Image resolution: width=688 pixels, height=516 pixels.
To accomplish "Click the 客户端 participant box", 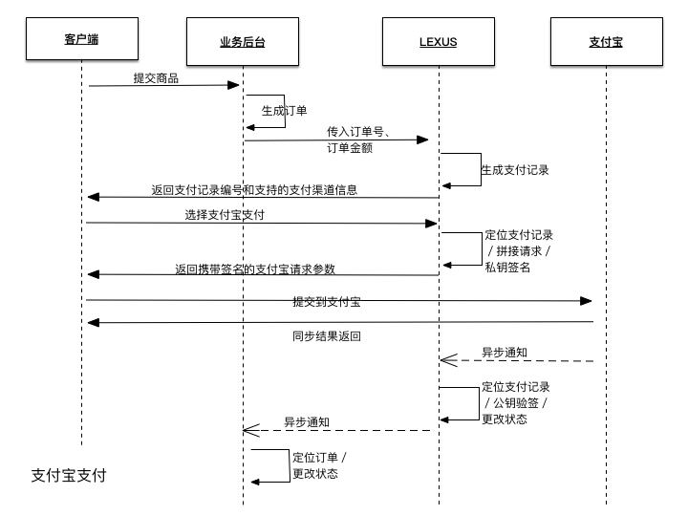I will tap(81, 40).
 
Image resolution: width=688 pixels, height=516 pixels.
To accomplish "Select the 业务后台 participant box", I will tap(242, 42).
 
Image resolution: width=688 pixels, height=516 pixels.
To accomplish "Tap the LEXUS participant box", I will tap(439, 42).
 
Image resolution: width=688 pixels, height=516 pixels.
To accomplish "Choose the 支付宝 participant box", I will tap(606, 42).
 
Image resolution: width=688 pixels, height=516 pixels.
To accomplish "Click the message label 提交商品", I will tap(156, 76).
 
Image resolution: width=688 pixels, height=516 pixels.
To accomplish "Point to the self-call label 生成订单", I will tap(285, 111).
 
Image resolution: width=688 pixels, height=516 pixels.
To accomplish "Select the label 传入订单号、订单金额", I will tap(355, 140).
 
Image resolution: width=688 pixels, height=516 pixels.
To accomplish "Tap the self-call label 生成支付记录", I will tap(515, 170).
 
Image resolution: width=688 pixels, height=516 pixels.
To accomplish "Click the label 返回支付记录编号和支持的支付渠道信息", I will tap(254, 189).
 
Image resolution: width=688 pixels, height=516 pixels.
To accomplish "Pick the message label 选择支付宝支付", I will tap(225, 215).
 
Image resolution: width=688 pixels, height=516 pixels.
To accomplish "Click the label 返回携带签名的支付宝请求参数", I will tap(262, 269).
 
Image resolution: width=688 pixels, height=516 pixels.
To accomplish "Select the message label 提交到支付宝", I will tap(326, 302).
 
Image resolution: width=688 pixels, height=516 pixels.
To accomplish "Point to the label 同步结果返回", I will tap(326, 336).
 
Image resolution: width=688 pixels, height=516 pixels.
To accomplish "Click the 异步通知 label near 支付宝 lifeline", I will tap(504, 353).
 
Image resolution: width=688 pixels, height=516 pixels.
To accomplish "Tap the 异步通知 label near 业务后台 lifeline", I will tap(307, 421).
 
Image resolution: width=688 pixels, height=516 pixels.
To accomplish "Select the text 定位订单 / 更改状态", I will tap(319, 465).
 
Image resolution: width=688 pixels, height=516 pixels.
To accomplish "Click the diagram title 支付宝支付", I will tap(69, 475).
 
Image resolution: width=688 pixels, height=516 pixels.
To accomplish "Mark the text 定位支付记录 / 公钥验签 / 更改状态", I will tap(516, 403).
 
